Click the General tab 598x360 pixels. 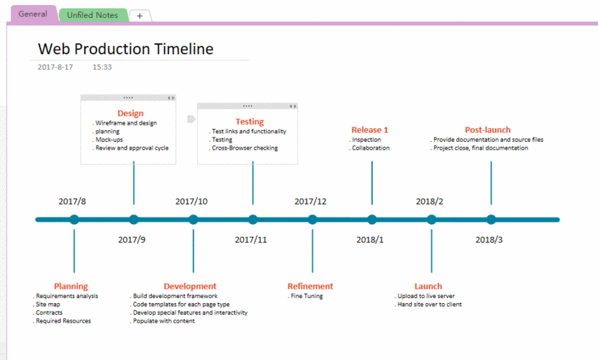[32, 14]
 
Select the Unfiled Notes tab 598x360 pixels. [92, 15]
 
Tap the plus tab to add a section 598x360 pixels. [140, 15]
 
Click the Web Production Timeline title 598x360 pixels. [125, 49]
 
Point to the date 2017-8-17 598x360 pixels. [55, 67]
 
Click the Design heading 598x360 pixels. [130, 113]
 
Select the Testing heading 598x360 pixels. [250, 122]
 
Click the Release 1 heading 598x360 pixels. [370, 130]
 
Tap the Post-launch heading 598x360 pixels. [487, 130]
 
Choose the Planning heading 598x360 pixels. [71, 286]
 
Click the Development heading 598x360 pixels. [190, 286]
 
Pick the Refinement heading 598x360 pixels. [310, 286]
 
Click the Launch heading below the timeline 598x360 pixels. [428, 286]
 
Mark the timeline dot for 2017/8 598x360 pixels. [74, 220]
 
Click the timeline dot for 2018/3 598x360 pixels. [491, 220]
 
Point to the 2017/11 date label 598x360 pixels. [250, 239]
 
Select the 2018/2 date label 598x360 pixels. [430, 202]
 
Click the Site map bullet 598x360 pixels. [51, 304]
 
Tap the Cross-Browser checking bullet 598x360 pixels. [245, 148]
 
